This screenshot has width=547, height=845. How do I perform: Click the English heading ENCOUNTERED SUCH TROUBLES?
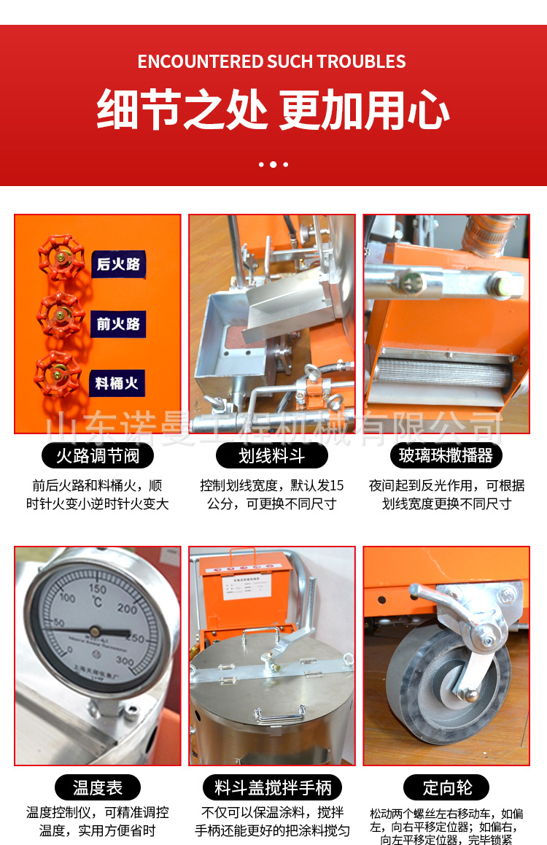tap(272, 61)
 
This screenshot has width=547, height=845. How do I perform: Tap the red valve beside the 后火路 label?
tap(62, 258)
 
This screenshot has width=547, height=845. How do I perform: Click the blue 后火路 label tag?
tap(118, 263)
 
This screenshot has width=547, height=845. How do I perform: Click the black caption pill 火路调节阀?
tap(98, 456)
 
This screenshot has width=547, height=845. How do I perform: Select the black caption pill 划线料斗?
tap(271, 456)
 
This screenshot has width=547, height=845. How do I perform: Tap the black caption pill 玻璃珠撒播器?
tap(446, 456)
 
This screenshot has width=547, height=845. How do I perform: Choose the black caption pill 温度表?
tap(98, 787)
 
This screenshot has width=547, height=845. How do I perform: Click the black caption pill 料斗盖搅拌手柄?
tap(272, 787)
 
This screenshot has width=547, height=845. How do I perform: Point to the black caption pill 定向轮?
tap(446, 787)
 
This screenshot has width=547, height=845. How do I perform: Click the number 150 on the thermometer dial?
tap(97, 589)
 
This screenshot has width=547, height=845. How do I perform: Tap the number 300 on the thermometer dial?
tap(125, 660)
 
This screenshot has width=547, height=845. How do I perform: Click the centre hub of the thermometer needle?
tap(95, 629)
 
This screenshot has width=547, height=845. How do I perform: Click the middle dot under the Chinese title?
tap(273, 164)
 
